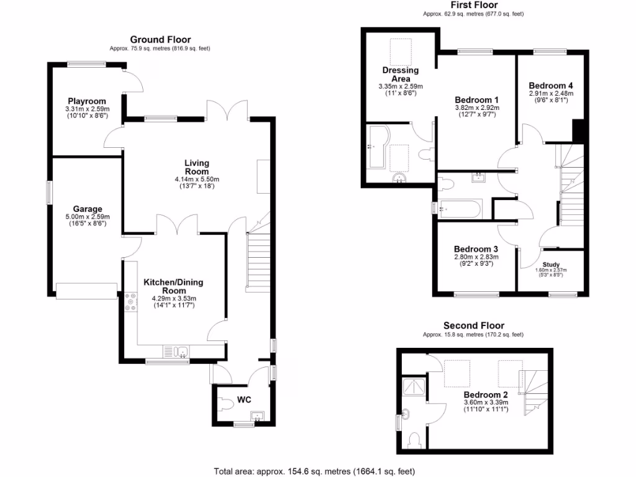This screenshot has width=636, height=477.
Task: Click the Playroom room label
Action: pos(87,101)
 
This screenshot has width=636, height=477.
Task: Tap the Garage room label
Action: pos(87,209)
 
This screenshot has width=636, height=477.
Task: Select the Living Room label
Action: pos(196,167)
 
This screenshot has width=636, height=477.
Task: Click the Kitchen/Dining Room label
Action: pos(173,286)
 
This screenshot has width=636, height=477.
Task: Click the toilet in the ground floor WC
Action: pos(226,404)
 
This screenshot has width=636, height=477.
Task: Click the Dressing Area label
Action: pos(400,75)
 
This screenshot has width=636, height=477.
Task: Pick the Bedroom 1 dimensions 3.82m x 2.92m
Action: pos(476,107)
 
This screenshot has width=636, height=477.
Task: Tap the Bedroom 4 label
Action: pos(551,86)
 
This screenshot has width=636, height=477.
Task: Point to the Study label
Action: pos(551,265)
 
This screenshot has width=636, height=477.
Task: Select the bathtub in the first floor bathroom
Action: pos(460,209)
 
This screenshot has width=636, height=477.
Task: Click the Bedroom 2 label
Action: pos(486,394)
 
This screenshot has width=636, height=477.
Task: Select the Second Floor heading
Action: pos(473,325)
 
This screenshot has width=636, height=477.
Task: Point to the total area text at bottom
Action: pos(314,471)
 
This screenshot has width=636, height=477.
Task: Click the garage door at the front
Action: pos(86,290)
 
